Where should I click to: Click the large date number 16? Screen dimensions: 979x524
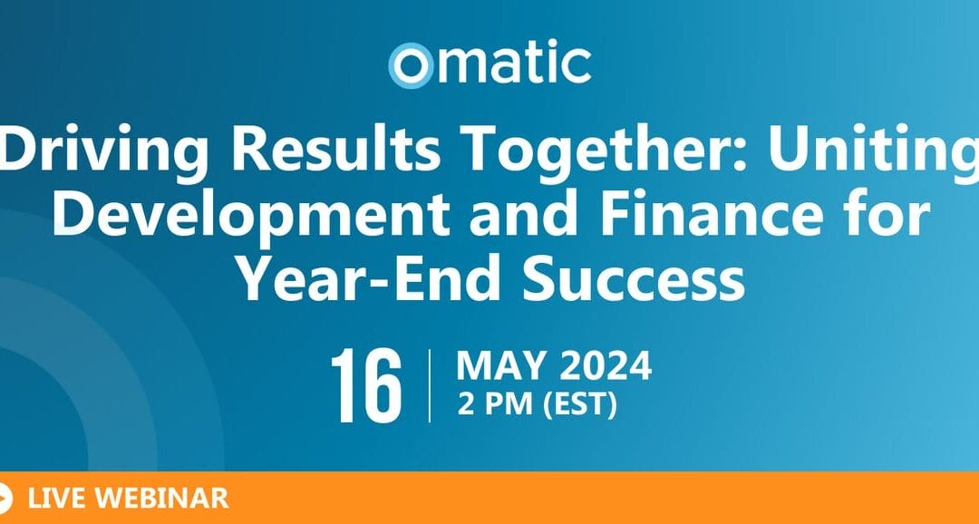click(366, 385)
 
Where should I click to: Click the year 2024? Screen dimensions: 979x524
click(606, 366)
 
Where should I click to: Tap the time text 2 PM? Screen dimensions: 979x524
click(497, 404)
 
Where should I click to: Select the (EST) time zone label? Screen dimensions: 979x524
click(580, 404)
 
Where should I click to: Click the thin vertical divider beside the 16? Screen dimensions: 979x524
click(430, 386)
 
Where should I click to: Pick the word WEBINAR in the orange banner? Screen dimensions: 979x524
click(161, 499)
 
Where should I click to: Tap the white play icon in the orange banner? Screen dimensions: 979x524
click(5, 499)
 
